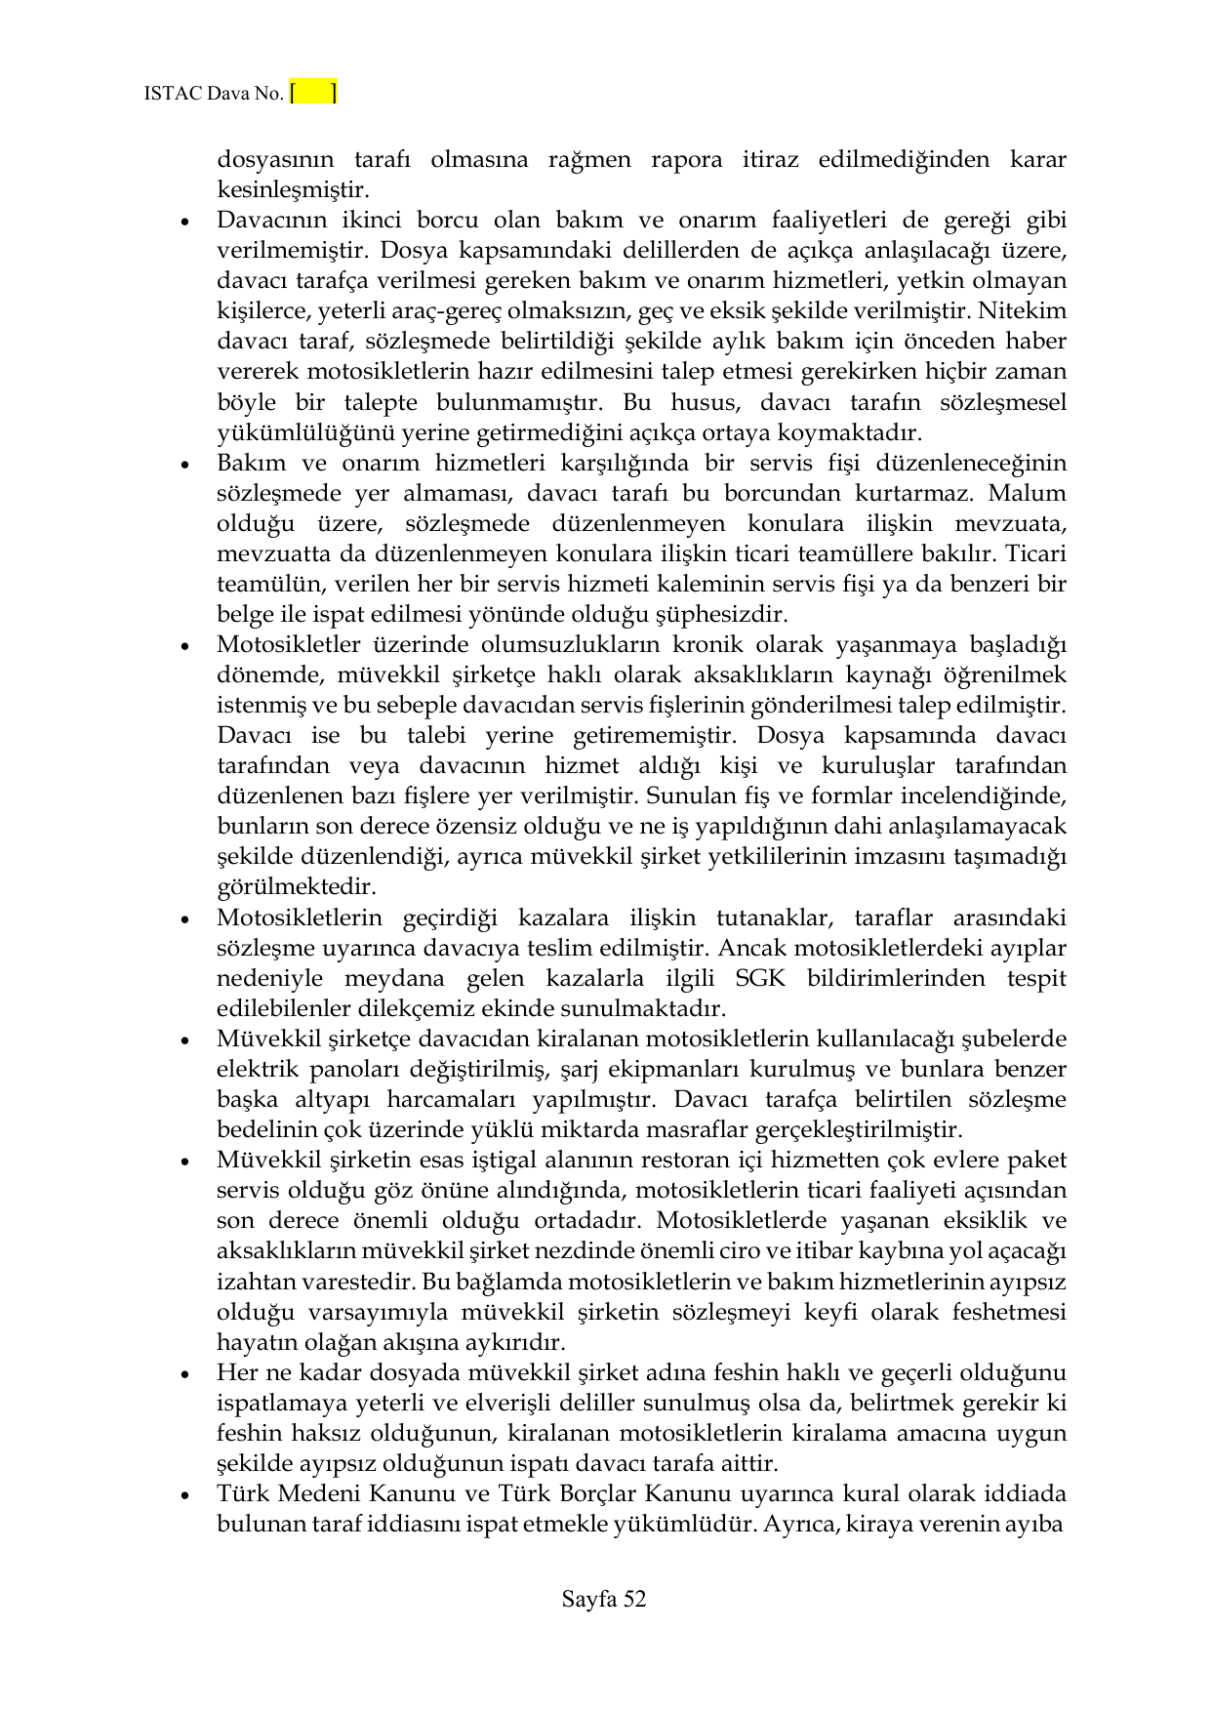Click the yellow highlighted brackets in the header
pyautogui.click(x=313, y=94)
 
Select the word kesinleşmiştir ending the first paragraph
pyautogui.click(x=291, y=189)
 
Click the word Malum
pyautogui.click(x=1031, y=494)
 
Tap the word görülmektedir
pyautogui.click(x=296, y=888)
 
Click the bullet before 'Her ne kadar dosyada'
pyautogui.click(x=184, y=1374)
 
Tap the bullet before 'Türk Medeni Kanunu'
pyautogui.click(x=184, y=1495)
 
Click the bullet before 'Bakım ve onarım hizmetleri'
pyautogui.click(x=184, y=465)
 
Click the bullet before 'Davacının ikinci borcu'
pyautogui.click(x=184, y=222)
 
